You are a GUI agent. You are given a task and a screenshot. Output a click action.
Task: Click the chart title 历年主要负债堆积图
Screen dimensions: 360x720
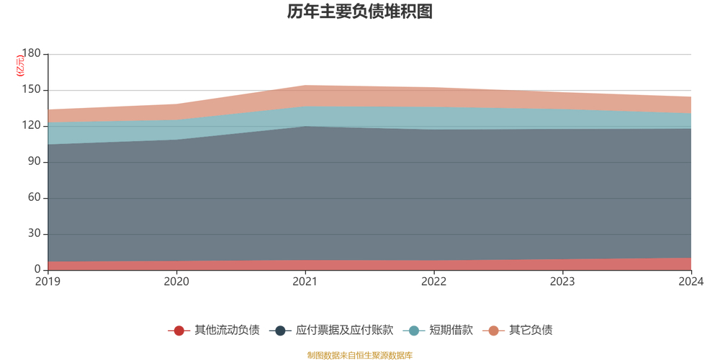[359, 12]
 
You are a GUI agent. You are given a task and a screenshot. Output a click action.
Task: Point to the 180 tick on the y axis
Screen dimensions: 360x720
[32, 54]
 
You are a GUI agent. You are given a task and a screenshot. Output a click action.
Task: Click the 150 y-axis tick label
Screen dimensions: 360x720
[32, 90]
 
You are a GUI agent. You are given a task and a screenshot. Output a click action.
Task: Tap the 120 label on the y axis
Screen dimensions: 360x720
[32, 126]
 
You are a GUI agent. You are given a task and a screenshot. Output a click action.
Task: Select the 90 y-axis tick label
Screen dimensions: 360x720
[35, 162]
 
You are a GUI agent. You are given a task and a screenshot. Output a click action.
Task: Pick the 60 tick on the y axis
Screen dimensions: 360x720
[35, 198]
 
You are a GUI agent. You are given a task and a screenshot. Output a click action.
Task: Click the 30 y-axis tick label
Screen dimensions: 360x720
[35, 234]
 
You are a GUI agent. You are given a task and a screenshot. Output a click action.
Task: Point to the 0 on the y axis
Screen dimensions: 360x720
[37, 270]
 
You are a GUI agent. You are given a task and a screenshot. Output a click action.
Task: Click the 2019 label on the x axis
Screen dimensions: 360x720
[48, 281]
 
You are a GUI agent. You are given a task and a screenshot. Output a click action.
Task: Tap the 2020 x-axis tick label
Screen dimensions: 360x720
[176, 281]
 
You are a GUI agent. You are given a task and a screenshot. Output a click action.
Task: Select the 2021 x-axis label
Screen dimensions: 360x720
[305, 281]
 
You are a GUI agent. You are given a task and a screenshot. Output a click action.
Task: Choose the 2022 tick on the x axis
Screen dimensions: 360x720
[433, 281]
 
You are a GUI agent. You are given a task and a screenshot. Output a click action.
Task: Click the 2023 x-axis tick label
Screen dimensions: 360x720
[562, 281]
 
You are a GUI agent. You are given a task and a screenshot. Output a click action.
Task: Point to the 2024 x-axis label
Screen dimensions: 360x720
[690, 281]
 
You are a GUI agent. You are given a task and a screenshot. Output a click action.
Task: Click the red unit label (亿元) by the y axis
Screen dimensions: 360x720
[21, 66]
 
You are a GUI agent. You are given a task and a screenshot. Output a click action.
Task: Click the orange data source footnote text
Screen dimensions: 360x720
[359, 355]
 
